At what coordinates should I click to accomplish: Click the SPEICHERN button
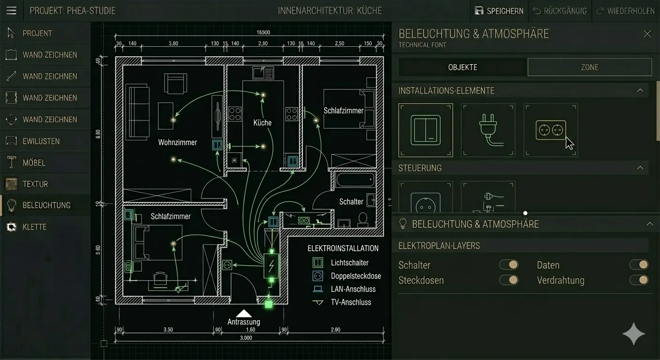(x=499, y=11)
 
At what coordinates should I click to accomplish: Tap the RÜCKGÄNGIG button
(x=560, y=11)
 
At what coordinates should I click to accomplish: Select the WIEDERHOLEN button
(x=625, y=11)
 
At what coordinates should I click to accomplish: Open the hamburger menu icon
(x=11, y=10)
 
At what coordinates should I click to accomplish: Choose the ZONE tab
(x=589, y=67)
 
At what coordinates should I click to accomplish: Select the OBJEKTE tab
(x=463, y=67)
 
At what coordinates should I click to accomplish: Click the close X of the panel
(x=647, y=34)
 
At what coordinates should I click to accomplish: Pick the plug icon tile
(x=488, y=130)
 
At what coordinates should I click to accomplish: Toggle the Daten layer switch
(x=639, y=265)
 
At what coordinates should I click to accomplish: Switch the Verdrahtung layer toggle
(x=639, y=280)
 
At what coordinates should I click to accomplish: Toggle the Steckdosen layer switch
(x=509, y=280)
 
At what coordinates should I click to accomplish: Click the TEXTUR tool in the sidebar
(x=35, y=184)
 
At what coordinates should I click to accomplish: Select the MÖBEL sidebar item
(x=34, y=163)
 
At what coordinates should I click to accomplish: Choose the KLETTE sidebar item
(x=34, y=227)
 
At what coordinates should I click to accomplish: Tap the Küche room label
(x=262, y=123)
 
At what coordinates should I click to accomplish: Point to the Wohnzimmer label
(x=178, y=142)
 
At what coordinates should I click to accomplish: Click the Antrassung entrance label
(x=244, y=322)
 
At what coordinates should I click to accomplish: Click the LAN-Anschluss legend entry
(x=353, y=289)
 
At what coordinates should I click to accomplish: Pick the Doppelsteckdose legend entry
(x=356, y=276)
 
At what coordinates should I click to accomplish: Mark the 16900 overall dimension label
(x=263, y=33)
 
